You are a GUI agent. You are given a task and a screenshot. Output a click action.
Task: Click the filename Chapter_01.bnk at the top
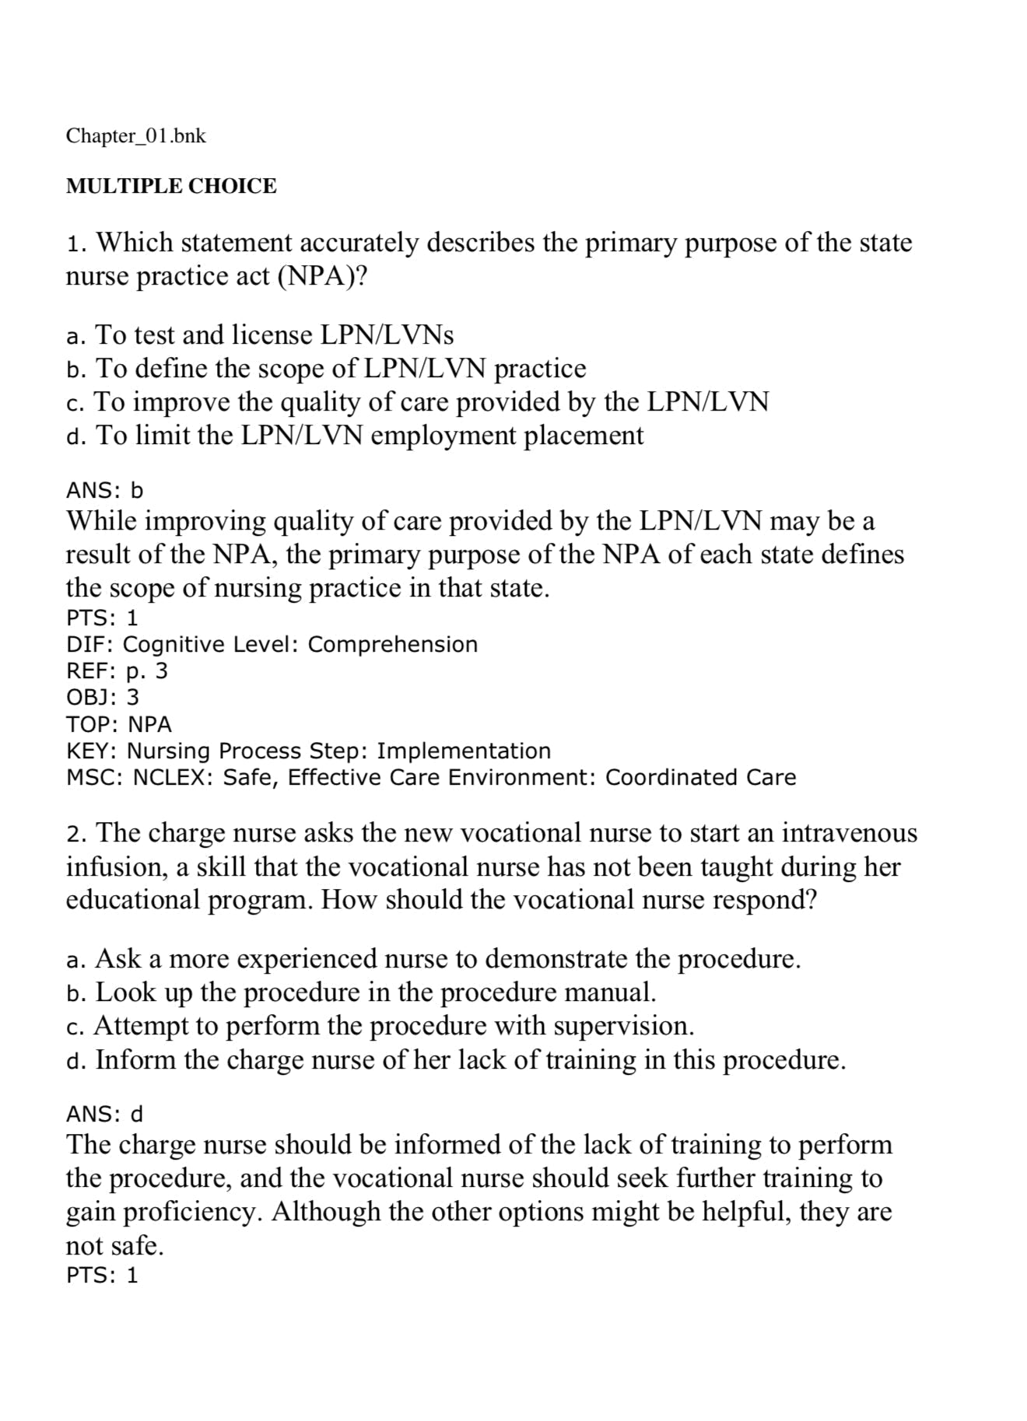tap(136, 136)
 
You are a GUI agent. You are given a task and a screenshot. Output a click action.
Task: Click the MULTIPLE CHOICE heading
tap(171, 187)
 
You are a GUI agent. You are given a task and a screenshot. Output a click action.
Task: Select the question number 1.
tap(75, 243)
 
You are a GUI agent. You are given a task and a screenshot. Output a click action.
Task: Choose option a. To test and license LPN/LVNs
tap(260, 335)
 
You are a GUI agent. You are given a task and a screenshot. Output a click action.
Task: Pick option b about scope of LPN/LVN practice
tap(326, 369)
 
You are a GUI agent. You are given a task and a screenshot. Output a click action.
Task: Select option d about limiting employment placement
tap(355, 436)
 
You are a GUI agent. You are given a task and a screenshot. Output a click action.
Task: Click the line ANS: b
tap(105, 491)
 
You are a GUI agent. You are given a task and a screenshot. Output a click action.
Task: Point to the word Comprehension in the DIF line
tap(393, 645)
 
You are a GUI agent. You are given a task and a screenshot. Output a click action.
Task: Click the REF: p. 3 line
tap(117, 671)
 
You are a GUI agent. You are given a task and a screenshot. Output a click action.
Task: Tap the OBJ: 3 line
tap(103, 698)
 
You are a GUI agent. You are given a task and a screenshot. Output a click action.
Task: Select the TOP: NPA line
tap(118, 724)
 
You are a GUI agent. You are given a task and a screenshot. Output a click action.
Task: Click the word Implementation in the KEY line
tap(464, 751)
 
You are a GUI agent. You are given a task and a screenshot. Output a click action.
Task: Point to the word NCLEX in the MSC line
tap(171, 778)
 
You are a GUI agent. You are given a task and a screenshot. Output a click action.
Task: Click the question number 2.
tap(75, 835)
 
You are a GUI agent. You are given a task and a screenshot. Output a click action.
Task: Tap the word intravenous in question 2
tap(850, 834)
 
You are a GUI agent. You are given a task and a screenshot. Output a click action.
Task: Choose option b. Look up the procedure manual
tap(362, 993)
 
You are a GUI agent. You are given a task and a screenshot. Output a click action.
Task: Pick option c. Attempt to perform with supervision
tap(380, 1027)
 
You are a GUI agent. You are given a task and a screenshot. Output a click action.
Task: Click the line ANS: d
tap(105, 1115)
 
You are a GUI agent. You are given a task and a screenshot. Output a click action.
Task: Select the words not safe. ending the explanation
tap(114, 1246)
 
